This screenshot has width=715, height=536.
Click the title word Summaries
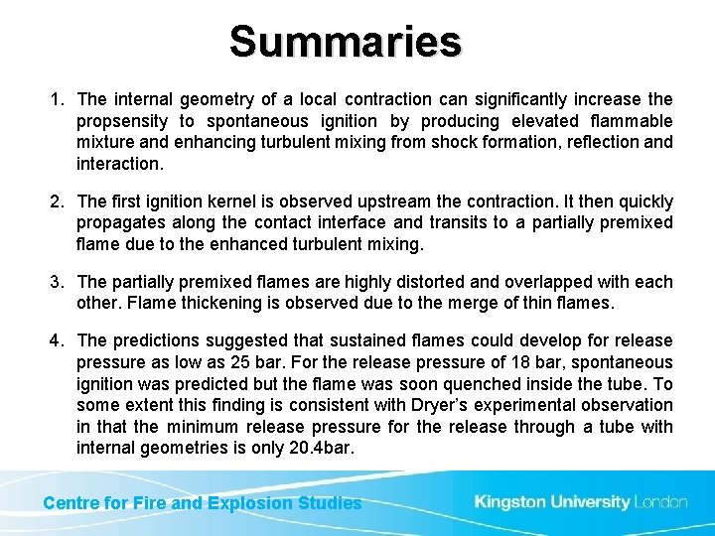pos(346,43)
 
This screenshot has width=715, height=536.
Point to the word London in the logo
pos(661,502)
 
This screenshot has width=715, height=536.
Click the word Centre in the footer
pos(71,503)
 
